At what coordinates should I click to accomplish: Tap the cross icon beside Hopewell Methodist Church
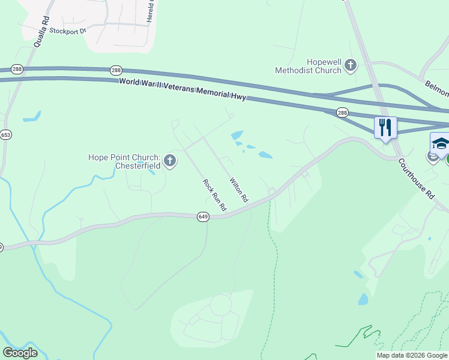[351, 65]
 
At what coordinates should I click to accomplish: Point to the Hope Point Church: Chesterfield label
[125, 161]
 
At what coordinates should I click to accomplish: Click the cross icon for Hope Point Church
[170, 161]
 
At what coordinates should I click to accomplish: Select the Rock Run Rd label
[214, 194]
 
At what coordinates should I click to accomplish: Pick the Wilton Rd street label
[239, 190]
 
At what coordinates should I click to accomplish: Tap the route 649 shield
[203, 217]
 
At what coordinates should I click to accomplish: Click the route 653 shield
[5, 135]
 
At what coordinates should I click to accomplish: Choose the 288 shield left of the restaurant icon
[342, 112]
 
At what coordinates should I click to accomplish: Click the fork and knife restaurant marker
[385, 127]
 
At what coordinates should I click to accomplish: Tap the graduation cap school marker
[440, 144]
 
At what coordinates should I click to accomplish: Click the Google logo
[20, 353]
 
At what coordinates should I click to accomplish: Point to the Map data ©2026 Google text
[412, 355]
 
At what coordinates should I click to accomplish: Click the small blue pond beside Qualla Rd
[32, 116]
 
